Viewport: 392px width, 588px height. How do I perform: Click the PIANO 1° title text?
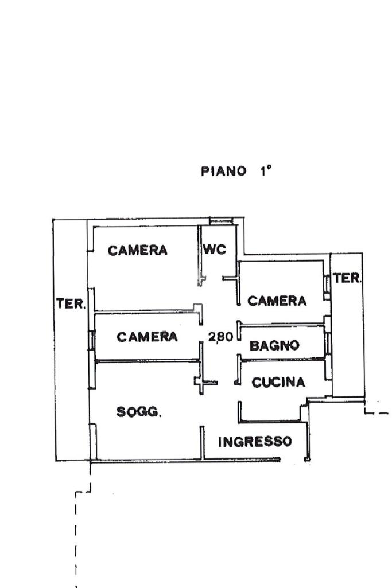236,171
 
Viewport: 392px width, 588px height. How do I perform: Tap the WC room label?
215,249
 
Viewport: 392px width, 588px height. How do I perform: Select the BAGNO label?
274,345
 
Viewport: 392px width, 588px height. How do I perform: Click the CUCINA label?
278,382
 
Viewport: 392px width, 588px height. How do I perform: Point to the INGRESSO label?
255,441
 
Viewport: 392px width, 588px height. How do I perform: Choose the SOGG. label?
139,412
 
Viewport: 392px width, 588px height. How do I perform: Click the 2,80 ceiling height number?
221,336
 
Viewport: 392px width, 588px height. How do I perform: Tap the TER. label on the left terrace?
71,303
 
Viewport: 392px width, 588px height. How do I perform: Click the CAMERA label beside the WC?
137,250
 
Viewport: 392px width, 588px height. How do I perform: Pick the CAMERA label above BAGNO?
277,301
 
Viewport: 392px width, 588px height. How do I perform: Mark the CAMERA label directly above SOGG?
147,336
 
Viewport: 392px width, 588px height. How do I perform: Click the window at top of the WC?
222,221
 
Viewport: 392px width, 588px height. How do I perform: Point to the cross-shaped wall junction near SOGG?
201,383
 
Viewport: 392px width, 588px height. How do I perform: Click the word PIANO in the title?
224,172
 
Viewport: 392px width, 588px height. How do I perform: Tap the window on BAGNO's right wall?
328,343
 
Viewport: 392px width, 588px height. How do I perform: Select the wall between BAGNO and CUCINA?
282,360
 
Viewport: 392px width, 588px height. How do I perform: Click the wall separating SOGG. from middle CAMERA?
148,361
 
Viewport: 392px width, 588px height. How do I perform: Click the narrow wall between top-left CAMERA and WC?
200,256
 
